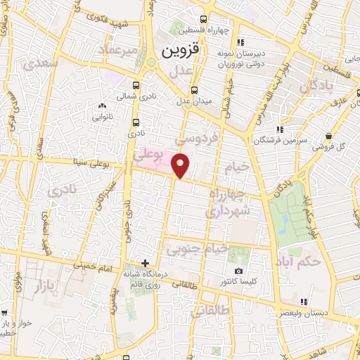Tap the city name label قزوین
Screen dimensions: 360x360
click(x=181, y=51)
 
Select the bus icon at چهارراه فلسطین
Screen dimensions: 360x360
click(x=203, y=19)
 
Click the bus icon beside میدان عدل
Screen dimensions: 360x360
click(x=194, y=89)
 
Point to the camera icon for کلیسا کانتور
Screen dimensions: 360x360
click(x=238, y=271)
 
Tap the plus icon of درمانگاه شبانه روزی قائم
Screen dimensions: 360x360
click(x=145, y=263)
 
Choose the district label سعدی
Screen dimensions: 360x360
click(x=40, y=64)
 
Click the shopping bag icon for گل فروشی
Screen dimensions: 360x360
click(x=328, y=136)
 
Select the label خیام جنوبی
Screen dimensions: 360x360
click(x=198, y=248)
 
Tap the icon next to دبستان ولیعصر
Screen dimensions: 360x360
click(x=304, y=302)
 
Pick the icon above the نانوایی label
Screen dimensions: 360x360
click(x=103, y=106)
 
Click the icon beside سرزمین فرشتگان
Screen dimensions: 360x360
click(x=280, y=129)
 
